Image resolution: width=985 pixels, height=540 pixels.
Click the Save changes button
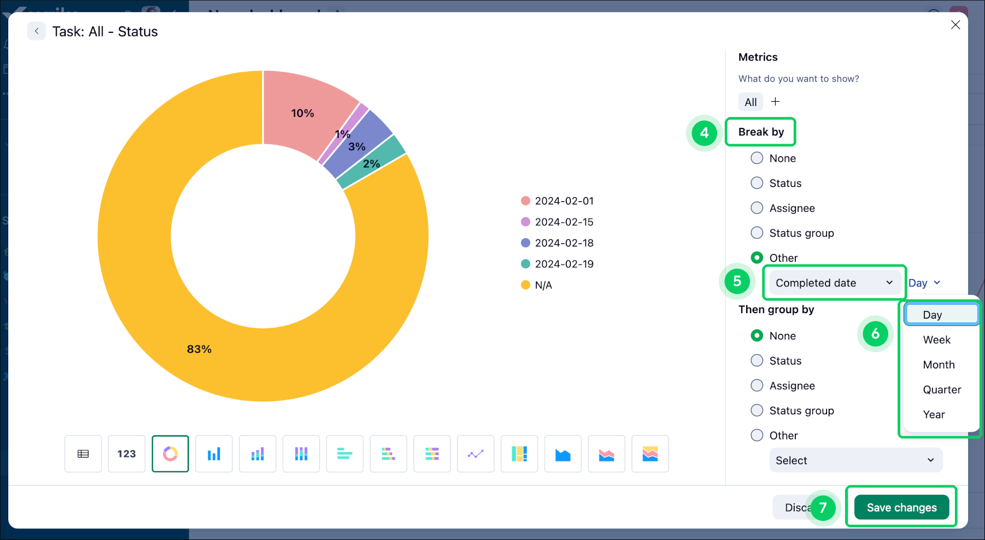click(x=901, y=507)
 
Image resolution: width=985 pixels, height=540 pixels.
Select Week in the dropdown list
click(x=936, y=340)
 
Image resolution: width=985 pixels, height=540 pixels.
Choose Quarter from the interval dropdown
click(x=941, y=390)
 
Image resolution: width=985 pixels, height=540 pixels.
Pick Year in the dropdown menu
click(x=934, y=415)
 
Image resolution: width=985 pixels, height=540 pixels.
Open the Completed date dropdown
click(x=834, y=283)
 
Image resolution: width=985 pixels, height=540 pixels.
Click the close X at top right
click(x=955, y=25)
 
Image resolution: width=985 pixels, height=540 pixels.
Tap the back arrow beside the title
click(x=37, y=31)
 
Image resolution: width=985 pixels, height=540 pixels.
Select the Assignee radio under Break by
click(x=757, y=208)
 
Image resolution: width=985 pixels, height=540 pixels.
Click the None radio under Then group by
click(x=757, y=336)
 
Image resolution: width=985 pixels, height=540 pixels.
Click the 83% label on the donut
click(x=199, y=349)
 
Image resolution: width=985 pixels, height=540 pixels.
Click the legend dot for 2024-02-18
click(x=525, y=243)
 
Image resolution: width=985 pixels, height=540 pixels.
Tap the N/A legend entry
click(x=543, y=285)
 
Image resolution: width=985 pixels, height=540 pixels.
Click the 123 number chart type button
click(x=126, y=454)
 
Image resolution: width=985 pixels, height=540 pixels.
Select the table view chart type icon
click(x=83, y=454)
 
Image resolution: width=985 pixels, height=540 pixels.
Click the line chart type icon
click(x=476, y=454)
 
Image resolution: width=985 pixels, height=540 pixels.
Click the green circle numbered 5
click(x=737, y=281)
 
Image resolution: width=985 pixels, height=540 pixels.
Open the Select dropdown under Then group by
click(x=855, y=460)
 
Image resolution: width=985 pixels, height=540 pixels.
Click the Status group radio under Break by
click(x=757, y=233)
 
